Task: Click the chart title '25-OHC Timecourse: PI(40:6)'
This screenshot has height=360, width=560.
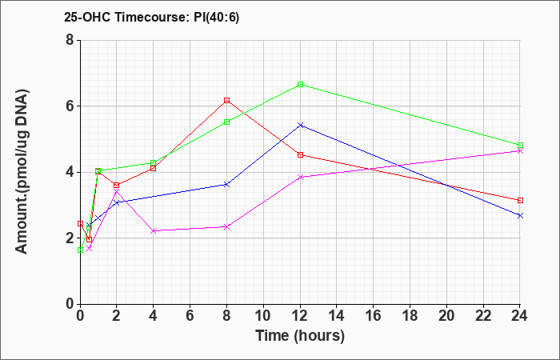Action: (x=151, y=17)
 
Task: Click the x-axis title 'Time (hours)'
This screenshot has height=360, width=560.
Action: (x=300, y=336)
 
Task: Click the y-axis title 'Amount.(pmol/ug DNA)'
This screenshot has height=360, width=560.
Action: (x=22, y=172)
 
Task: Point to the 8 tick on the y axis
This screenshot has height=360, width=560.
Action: (x=70, y=40)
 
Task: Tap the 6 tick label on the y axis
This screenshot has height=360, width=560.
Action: (x=70, y=106)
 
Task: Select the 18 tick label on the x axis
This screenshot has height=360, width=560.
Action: (x=410, y=316)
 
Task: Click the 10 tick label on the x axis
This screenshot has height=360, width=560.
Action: (x=263, y=316)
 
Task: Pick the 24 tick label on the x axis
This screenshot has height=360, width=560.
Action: (x=520, y=316)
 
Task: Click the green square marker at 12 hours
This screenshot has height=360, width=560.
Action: (x=300, y=84)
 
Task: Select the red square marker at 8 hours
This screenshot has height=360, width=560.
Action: (x=226, y=100)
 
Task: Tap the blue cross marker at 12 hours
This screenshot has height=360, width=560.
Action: (x=300, y=125)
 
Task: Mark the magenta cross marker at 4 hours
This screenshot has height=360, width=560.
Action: (x=154, y=231)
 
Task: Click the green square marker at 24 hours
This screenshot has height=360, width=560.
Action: (x=520, y=146)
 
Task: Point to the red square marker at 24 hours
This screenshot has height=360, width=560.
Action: (x=520, y=200)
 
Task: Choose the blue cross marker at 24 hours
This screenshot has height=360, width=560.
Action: (x=520, y=216)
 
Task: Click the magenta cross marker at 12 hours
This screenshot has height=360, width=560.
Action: (x=300, y=177)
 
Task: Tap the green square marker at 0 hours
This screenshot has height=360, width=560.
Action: (x=80, y=250)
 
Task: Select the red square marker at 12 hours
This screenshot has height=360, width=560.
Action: (x=300, y=154)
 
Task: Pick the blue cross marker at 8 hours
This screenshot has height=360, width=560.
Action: (x=226, y=185)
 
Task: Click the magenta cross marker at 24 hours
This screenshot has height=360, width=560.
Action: (x=520, y=151)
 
